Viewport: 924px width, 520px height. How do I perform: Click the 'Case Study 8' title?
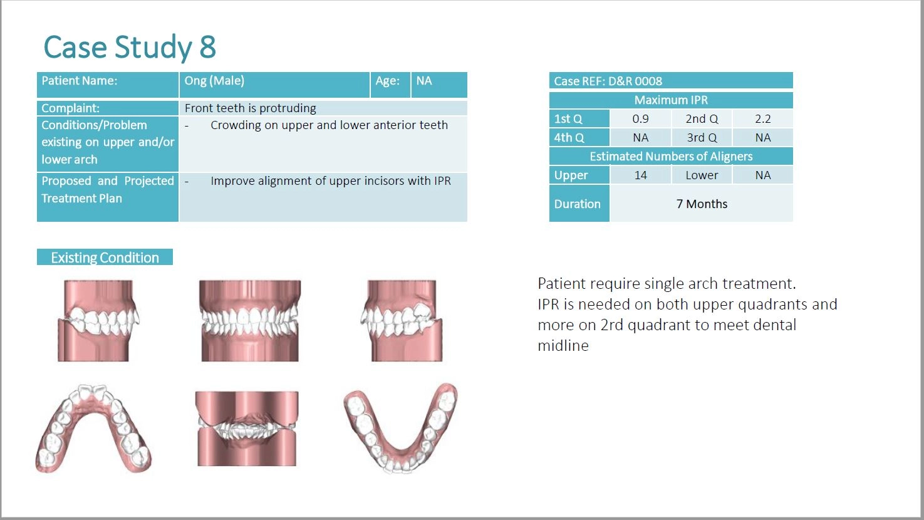130,46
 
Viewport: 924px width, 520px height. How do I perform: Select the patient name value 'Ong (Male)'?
214,80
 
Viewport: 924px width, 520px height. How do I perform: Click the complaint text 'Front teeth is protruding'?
250,108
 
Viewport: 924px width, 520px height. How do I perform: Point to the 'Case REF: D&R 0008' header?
608,81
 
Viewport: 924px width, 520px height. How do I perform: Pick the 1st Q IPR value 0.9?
640,119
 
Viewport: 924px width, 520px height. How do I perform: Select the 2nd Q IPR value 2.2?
763,119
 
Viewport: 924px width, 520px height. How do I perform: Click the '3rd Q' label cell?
702,137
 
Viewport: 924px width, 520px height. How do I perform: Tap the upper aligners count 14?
640,175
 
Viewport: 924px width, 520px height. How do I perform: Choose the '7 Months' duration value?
702,204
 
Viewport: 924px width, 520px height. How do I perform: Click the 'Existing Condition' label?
105,257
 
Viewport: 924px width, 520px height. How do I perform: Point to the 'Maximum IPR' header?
671,100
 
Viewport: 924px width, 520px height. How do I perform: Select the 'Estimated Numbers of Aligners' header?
671,157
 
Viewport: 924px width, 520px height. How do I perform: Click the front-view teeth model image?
250,321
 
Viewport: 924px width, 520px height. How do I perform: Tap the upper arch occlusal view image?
93,429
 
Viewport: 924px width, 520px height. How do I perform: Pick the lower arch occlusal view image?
400,428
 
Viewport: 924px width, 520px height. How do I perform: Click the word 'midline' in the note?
563,345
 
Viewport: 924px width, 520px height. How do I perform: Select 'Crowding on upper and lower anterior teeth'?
329,125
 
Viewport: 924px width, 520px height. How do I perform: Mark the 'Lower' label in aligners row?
702,175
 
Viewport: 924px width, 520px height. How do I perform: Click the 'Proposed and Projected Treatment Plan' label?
108,189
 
